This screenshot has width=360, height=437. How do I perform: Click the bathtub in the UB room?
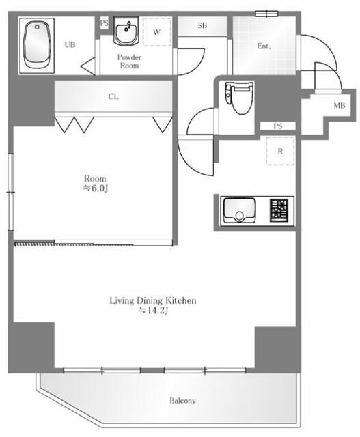37,46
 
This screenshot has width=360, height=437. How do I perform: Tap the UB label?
70,44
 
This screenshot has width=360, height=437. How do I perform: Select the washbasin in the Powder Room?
126,31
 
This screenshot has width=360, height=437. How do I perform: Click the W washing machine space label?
156,32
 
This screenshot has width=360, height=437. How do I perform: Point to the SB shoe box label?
202,26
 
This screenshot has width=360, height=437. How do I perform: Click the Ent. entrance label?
264,46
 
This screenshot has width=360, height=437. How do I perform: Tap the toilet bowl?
239,98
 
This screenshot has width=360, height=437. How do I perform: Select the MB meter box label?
339,106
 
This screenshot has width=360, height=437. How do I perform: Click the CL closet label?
113,96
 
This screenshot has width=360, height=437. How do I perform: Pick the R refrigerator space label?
280,152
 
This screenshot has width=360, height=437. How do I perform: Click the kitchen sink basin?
239,210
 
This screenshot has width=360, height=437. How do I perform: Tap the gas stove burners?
279,210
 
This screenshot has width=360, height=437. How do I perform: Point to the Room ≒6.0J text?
95,183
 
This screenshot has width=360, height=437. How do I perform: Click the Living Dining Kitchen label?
153,300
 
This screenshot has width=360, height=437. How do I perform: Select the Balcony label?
182,401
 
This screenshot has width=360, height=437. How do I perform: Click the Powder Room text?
129,61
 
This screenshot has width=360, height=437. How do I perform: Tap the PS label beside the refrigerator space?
278,126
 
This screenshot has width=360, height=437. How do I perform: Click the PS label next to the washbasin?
104,23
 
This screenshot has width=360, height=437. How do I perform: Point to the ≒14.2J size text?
153,310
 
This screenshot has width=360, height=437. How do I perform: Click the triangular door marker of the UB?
88,66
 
